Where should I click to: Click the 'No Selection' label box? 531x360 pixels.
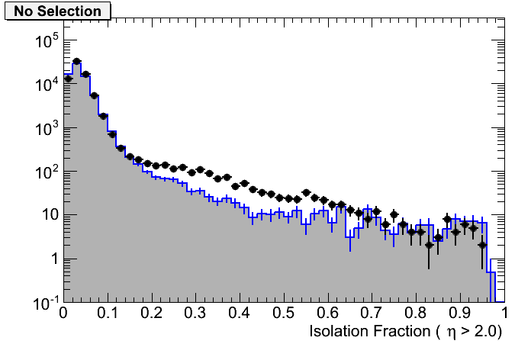57,11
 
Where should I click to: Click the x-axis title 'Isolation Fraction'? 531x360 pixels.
374,333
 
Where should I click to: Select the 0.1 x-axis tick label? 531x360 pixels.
108,313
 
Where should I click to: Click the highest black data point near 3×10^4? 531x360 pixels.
76,62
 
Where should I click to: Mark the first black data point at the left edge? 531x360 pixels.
68,79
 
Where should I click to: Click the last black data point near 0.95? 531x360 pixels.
482,245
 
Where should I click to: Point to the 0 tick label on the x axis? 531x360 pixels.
64,313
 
